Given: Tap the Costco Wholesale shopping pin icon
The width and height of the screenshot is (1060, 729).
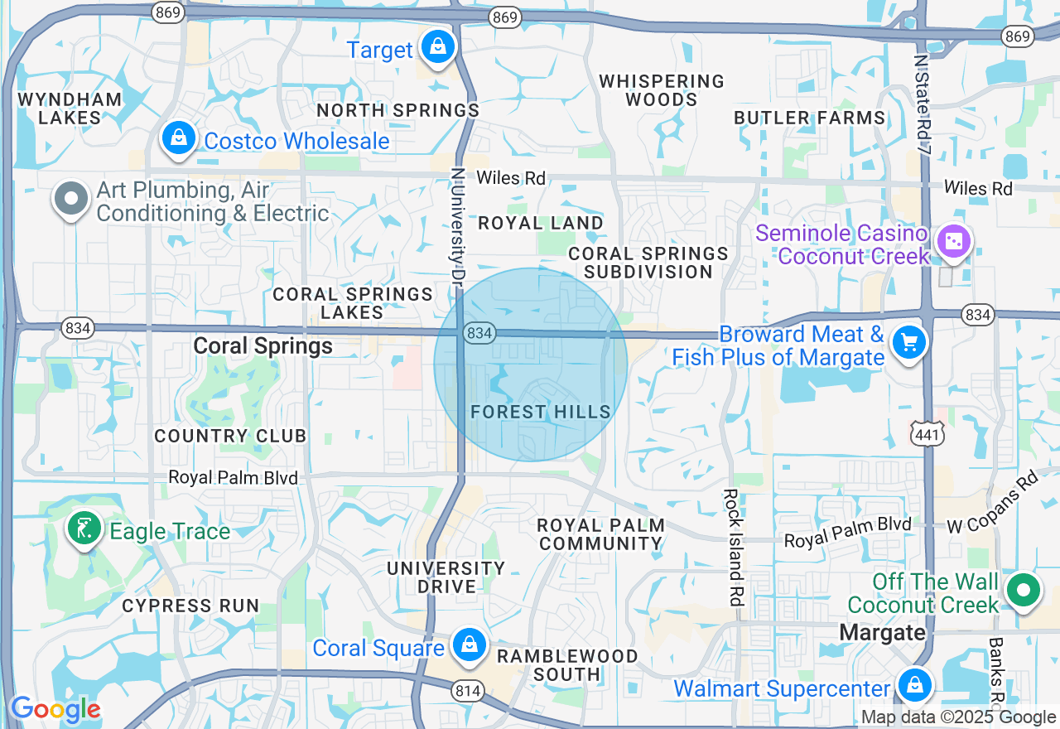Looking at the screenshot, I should [x=179, y=138].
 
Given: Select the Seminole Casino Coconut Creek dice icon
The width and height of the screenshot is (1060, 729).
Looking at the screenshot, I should [x=953, y=242].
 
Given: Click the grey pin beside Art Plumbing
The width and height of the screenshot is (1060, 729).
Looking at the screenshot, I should [x=71, y=199].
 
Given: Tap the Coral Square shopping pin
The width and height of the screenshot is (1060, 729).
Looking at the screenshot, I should [x=470, y=644].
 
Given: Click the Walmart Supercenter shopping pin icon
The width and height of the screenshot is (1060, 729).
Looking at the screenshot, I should [x=914, y=685].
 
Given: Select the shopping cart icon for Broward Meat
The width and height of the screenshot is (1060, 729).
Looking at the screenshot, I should [x=909, y=341].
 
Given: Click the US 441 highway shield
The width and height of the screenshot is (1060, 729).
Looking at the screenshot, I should [x=927, y=432].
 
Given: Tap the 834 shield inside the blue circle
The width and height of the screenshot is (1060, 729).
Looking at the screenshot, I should [x=480, y=333].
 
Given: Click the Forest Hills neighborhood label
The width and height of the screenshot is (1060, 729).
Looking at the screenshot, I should [x=541, y=412].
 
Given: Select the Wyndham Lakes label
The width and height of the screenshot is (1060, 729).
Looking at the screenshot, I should [x=70, y=108].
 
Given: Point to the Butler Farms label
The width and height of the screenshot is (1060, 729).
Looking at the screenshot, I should [x=810, y=118].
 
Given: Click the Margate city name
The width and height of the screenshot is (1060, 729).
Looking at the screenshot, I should [x=882, y=633].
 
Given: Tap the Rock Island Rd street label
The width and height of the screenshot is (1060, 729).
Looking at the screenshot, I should [x=732, y=547].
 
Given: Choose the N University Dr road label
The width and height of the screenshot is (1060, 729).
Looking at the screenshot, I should [x=456, y=228].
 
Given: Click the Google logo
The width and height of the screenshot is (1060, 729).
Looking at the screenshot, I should [x=55, y=710].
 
